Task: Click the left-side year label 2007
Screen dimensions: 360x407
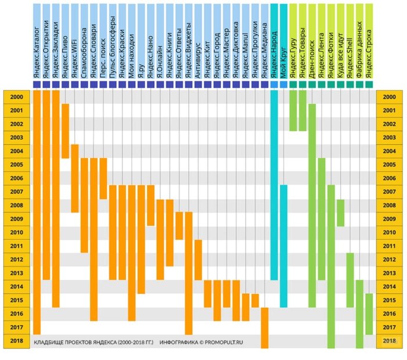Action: point(16,192)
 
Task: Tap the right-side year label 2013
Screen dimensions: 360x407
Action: point(390,273)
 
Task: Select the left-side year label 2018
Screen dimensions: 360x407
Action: point(16,341)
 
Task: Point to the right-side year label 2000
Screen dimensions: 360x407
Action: point(390,97)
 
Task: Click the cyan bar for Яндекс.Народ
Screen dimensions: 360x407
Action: point(274,186)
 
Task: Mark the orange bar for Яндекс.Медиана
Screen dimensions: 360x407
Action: point(265,327)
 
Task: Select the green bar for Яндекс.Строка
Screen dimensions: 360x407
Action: point(369,314)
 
